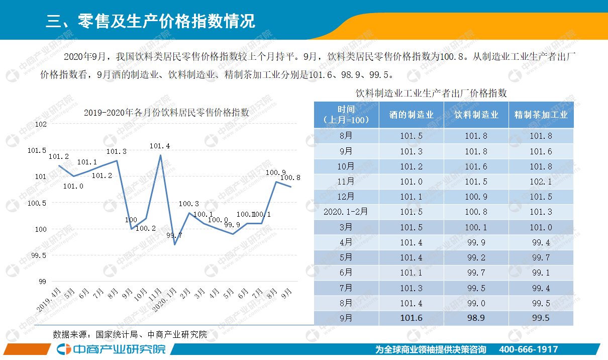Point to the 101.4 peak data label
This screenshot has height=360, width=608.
click(x=160, y=146)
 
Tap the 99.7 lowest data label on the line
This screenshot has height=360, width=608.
click(x=174, y=235)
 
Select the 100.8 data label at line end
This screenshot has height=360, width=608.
click(x=290, y=177)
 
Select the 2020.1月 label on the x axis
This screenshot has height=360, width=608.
click(x=165, y=299)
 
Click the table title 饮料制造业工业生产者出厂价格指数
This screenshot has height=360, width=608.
click(x=431, y=93)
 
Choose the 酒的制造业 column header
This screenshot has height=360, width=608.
click(x=411, y=115)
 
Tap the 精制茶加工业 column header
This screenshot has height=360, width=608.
click(x=541, y=115)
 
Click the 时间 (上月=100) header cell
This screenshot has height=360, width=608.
click(x=346, y=115)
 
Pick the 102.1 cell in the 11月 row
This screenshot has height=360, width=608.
click(x=541, y=182)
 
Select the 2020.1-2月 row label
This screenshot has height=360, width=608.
click(x=346, y=212)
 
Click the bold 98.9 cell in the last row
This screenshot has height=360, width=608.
click(x=476, y=318)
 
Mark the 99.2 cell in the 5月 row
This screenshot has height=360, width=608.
click(x=476, y=257)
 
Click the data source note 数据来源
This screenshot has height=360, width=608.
click(x=130, y=334)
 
